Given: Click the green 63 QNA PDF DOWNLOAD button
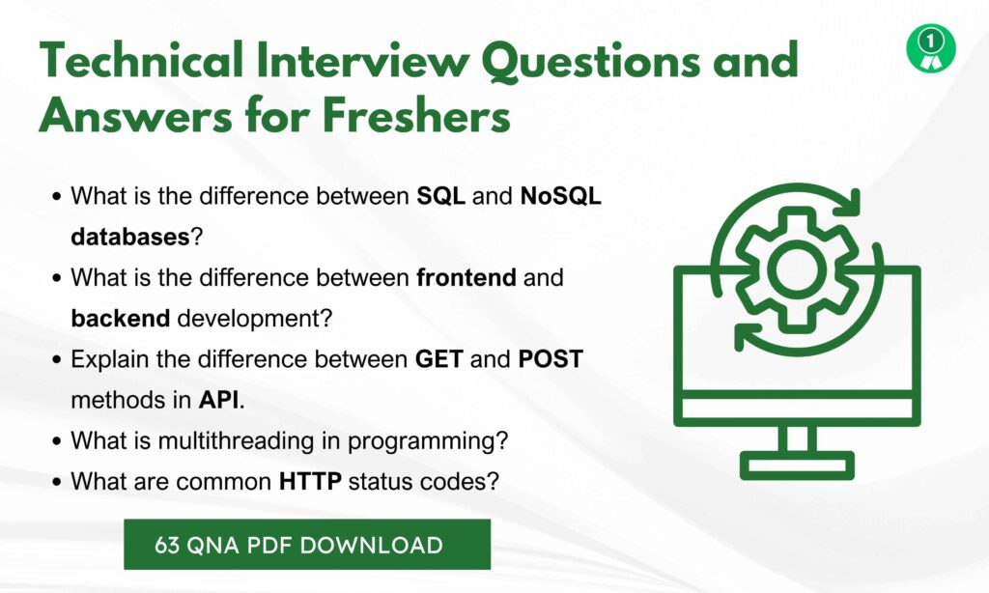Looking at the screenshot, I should pos(306,545).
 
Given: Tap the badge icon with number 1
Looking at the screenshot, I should pos(931,47).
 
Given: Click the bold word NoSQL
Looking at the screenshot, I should pos(561,196).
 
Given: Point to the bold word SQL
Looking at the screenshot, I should pos(441,196).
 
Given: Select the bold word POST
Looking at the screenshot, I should pos(551,359).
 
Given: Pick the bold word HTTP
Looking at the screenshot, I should pos(311,479).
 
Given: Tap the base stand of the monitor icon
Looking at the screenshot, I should pos(797,466).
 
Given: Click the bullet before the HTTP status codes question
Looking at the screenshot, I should pos(56,480).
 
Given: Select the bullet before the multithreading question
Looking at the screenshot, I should pos(56,440).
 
